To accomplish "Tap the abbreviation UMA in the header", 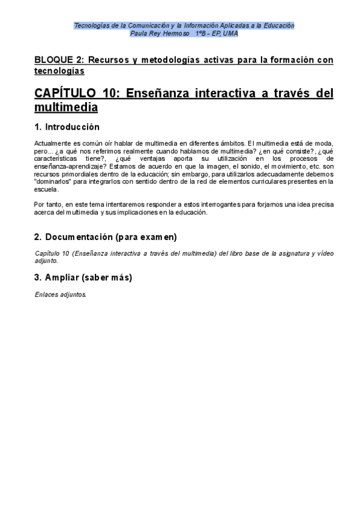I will pos(230,34).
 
